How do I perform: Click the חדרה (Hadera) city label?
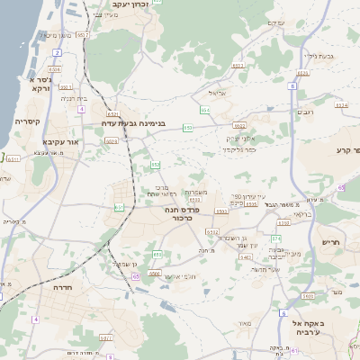[x=63, y=287]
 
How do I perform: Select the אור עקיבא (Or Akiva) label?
[x=62, y=142]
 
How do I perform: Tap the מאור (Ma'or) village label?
[x=245, y=322]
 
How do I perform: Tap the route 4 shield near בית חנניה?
[x=82, y=109]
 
